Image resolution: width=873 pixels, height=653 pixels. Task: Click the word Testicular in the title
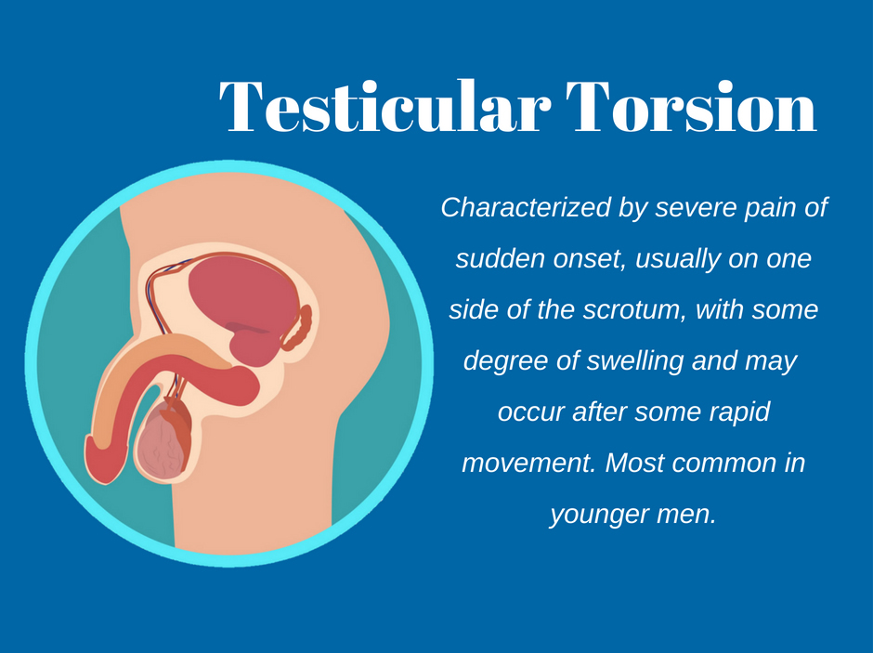point(384,106)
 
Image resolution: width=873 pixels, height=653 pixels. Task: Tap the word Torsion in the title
point(691,106)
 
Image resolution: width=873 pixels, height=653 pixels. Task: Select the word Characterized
point(526,208)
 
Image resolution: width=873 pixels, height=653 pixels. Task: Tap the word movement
point(528,464)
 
